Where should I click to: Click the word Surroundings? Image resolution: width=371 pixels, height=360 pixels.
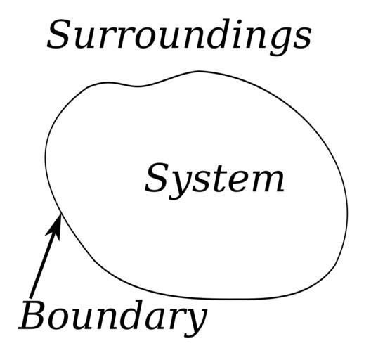pyautogui.click(x=179, y=37)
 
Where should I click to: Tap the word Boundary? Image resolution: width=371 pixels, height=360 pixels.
pyautogui.click(x=113, y=318)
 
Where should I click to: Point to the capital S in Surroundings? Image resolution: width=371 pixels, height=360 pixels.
pyautogui.click(x=59, y=34)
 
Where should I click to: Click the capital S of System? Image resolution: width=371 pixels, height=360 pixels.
pyautogui.click(x=157, y=178)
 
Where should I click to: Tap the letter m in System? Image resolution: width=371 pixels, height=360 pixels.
pyautogui.click(x=266, y=181)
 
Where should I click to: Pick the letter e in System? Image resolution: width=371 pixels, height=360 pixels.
pyautogui.click(x=235, y=182)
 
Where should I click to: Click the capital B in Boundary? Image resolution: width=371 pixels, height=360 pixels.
pyautogui.click(x=32, y=315)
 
